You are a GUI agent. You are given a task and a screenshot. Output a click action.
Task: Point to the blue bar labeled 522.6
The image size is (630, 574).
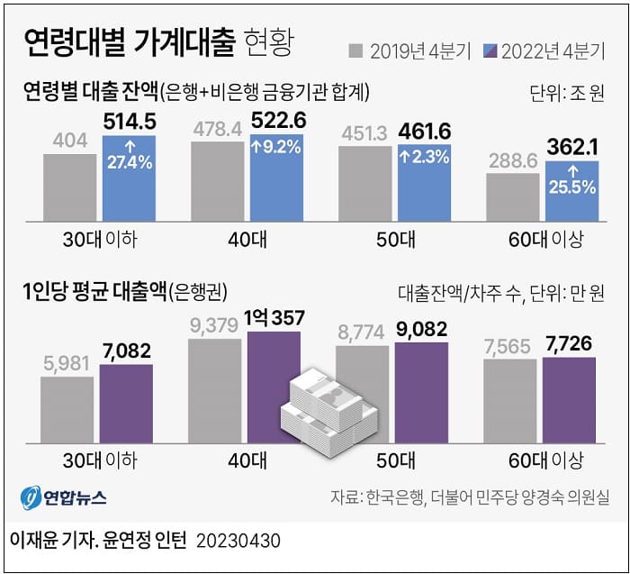tap(276, 176)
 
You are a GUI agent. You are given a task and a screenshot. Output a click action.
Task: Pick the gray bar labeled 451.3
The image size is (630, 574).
tap(364, 182)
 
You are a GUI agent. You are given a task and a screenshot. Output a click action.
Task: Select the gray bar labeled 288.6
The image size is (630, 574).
tap(513, 196)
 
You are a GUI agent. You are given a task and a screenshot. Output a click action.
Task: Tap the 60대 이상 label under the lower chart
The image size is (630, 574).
tap(544, 460)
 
